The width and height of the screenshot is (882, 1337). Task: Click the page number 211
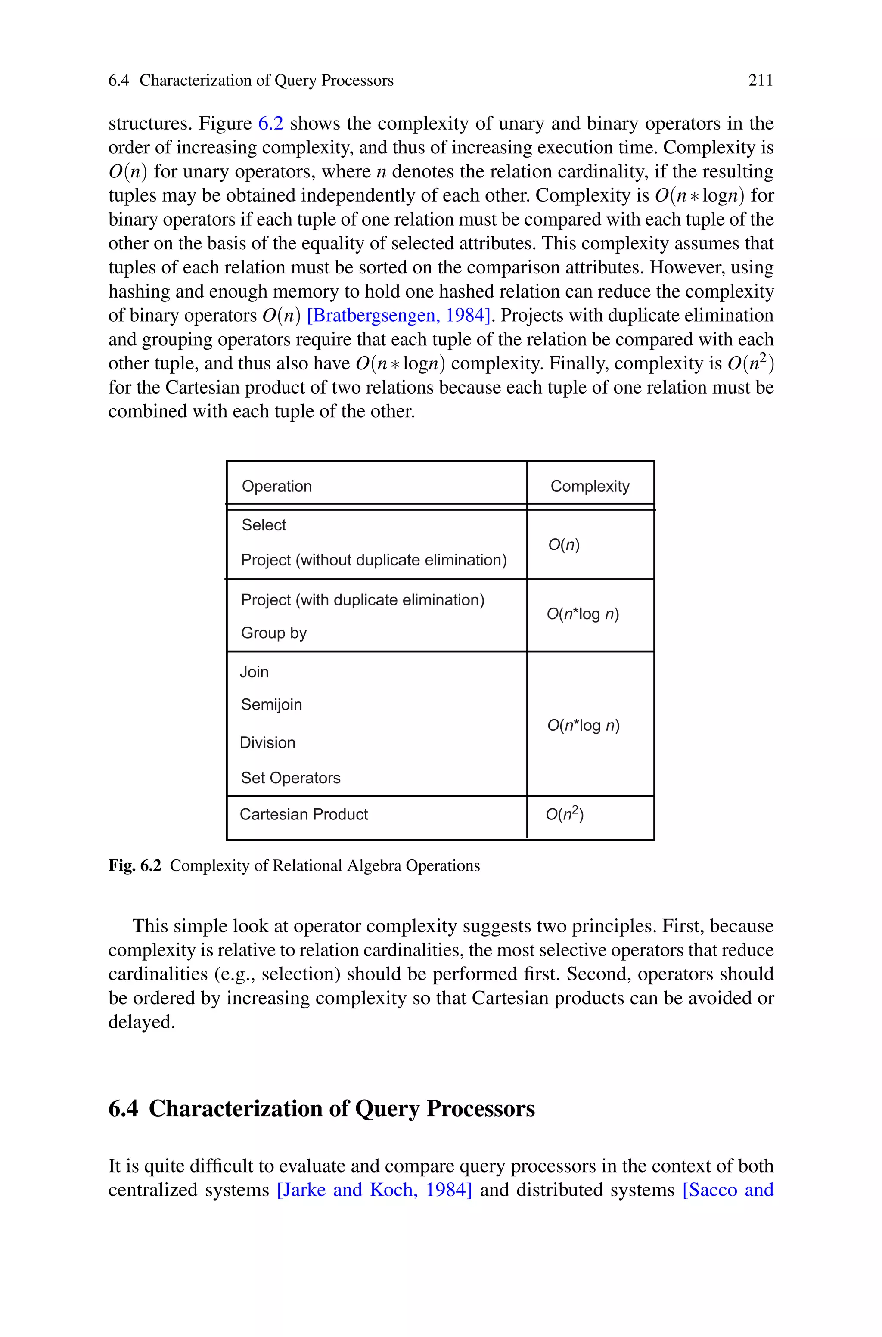761,81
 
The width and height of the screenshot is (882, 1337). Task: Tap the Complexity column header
590,486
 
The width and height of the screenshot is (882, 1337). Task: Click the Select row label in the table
264,525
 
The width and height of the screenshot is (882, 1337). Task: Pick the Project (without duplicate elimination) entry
373,560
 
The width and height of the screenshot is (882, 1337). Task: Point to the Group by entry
274,633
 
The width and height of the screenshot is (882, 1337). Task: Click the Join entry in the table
254,672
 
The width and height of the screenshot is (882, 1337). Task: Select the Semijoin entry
271,704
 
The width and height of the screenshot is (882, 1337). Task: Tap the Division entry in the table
267,743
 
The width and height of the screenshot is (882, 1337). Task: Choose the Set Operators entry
290,778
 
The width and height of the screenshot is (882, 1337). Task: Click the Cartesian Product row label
304,814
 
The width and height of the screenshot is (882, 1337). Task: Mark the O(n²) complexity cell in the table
565,814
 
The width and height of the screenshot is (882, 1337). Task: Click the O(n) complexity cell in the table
564,545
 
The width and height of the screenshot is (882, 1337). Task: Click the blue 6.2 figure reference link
270,123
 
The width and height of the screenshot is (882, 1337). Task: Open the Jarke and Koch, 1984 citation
375,1190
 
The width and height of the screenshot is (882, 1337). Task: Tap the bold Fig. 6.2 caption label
134,865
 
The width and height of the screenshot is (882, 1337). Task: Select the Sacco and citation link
728,1190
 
